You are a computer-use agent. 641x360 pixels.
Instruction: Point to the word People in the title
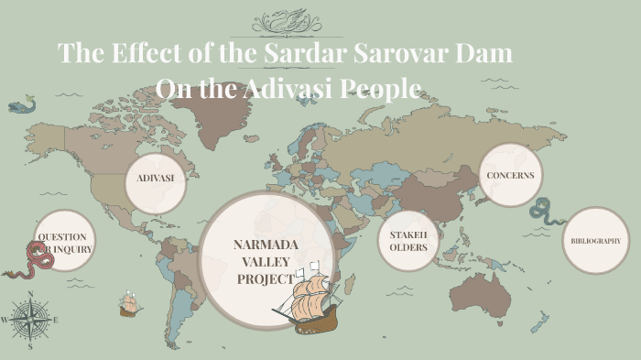tap(382, 89)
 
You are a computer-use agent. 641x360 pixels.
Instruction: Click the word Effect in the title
tap(144, 52)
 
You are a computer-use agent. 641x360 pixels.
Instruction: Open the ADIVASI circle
tap(156, 178)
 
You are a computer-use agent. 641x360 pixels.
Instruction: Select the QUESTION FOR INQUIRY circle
tap(63, 242)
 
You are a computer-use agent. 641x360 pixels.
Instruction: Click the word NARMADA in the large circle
tap(266, 245)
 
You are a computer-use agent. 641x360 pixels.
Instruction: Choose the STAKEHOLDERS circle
tap(408, 240)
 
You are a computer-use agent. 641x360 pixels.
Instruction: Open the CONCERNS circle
tap(510, 175)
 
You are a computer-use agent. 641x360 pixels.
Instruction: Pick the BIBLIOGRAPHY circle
tap(595, 241)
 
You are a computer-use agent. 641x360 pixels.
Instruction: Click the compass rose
tap(30, 320)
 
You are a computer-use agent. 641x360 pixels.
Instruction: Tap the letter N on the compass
tap(30, 295)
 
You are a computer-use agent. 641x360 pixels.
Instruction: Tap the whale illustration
tap(21, 106)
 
